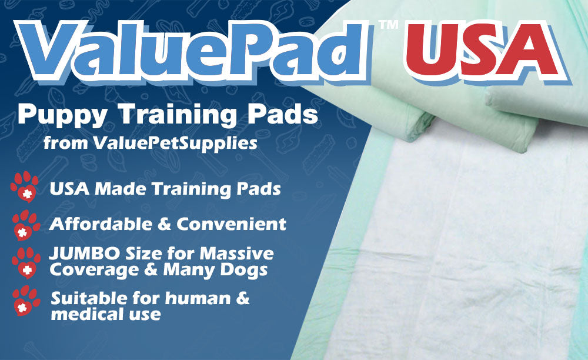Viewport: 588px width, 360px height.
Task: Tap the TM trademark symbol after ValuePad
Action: click(x=388, y=25)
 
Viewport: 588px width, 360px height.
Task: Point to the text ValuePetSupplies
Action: click(x=175, y=144)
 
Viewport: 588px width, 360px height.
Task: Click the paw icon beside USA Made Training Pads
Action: click(x=24, y=186)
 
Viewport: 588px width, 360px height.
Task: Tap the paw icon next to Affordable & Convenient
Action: click(x=26, y=225)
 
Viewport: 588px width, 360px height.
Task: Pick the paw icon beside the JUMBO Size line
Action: click(x=26, y=262)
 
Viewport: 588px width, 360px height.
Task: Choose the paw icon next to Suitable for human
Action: click(x=26, y=301)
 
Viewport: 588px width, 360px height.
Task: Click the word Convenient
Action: click(x=231, y=224)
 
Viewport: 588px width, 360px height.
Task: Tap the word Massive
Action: click(x=236, y=254)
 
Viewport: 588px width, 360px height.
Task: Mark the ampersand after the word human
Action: click(x=242, y=298)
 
